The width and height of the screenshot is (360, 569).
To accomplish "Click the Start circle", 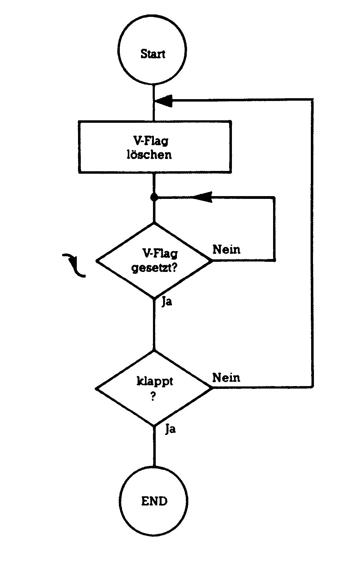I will pos(153,51).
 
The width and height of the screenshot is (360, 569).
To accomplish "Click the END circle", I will pos(154,501).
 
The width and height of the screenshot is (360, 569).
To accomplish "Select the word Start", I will pos(153,54).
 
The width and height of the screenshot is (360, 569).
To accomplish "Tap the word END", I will pos(154,501).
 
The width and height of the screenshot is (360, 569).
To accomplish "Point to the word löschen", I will pos(149,154).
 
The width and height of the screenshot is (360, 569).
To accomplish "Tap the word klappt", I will pos(155,382).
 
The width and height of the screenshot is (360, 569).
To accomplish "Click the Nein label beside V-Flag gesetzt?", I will pos(226,250).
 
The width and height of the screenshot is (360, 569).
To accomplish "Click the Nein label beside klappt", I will pos(226,377).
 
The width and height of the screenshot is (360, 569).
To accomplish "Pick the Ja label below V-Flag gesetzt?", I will pos(167,302).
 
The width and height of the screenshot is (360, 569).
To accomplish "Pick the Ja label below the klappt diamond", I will pos(170,429).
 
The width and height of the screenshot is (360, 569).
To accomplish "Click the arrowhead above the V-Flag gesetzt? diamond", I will pos(203,197).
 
